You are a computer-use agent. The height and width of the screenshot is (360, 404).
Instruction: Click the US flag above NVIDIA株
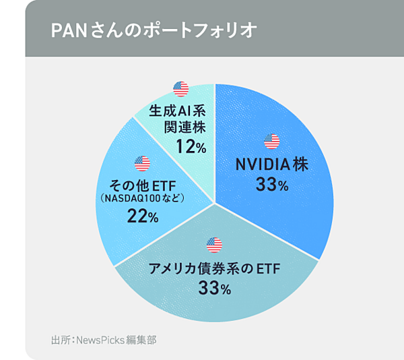point(271,142)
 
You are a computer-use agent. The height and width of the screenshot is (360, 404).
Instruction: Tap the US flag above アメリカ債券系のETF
point(214,244)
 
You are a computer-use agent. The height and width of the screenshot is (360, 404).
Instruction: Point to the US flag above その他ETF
point(142,163)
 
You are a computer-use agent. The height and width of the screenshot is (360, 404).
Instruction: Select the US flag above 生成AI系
point(180,89)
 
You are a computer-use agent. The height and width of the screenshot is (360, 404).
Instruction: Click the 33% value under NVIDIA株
point(272,184)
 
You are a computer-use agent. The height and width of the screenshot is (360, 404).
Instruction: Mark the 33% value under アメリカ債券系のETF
point(215,289)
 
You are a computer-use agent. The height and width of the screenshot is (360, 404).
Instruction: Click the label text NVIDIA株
point(271,164)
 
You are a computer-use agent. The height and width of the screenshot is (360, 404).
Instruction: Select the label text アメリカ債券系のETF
point(214,268)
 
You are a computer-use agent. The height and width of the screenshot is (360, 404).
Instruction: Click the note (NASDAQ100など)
point(142,199)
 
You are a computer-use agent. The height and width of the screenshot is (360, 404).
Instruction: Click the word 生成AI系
point(180,110)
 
